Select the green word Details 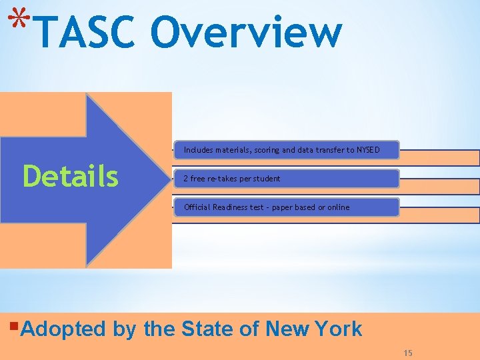click(71, 177)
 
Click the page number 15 click(408, 353)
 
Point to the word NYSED click(367, 150)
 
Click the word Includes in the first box click(198, 150)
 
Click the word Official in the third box click(197, 207)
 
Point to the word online click(338, 207)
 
